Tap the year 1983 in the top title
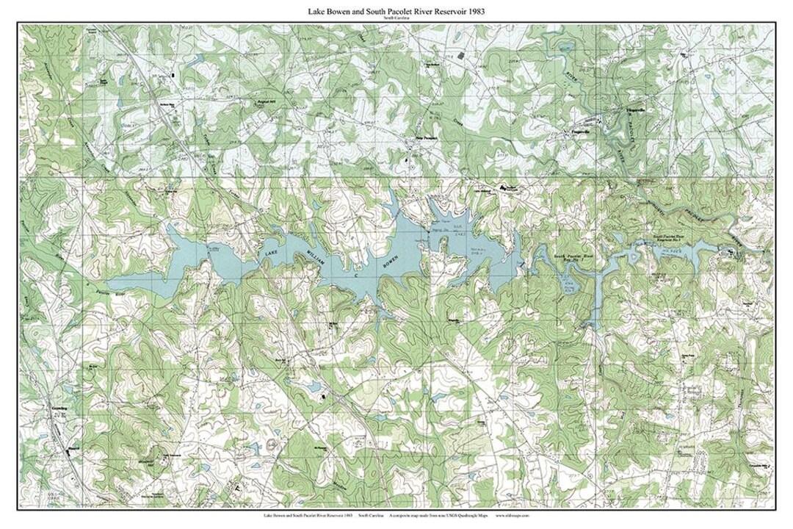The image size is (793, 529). (474, 12)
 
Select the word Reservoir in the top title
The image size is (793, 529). (440, 12)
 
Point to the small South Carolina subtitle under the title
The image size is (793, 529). (396, 19)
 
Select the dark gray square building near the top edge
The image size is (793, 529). (461, 56)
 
